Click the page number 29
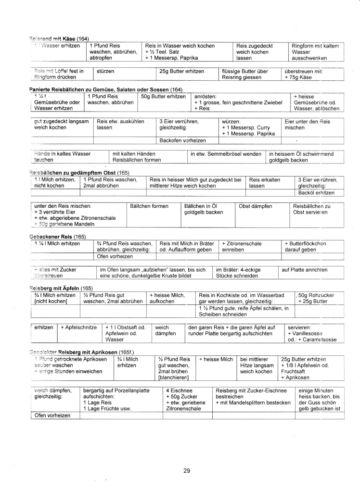click(x=187, y=470)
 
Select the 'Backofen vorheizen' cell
click(x=185, y=140)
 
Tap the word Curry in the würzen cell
click(x=261, y=127)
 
